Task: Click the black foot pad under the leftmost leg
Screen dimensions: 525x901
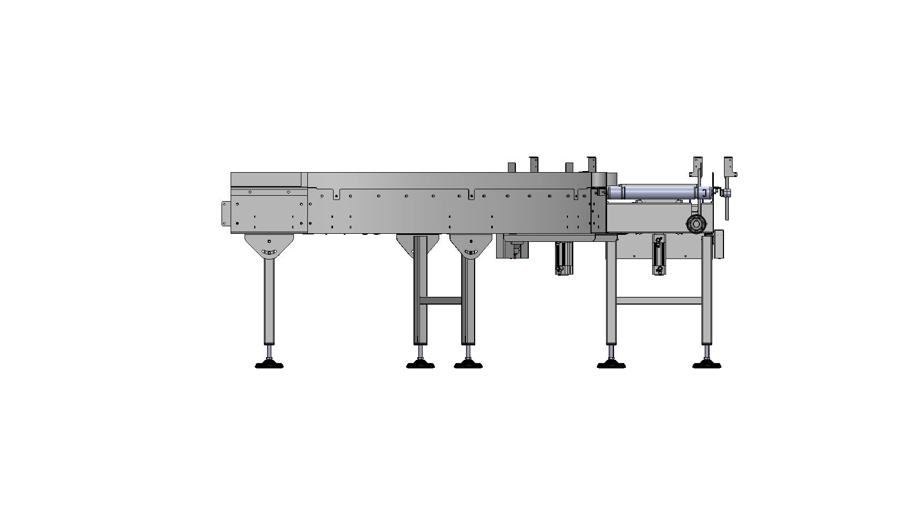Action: coord(269,365)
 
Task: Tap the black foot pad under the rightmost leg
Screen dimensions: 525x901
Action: coord(706,365)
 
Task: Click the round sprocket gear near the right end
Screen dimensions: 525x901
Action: coord(696,223)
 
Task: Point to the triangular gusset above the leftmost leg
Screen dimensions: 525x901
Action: coord(269,245)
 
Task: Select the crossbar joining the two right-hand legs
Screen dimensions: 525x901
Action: coord(659,300)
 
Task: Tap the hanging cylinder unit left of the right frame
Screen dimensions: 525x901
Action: coord(564,258)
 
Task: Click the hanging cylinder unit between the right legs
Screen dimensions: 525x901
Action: coord(659,254)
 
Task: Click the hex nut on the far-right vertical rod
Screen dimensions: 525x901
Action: coord(728,193)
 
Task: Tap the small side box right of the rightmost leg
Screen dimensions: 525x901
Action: coord(719,244)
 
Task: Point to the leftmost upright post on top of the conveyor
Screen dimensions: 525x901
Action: coord(512,167)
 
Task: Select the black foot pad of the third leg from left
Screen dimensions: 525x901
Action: coord(468,365)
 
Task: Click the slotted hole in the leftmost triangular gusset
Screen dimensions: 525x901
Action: coord(269,252)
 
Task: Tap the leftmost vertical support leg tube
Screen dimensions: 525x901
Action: coord(269,300)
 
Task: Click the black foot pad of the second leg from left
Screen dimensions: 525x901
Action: coord(420,365)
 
